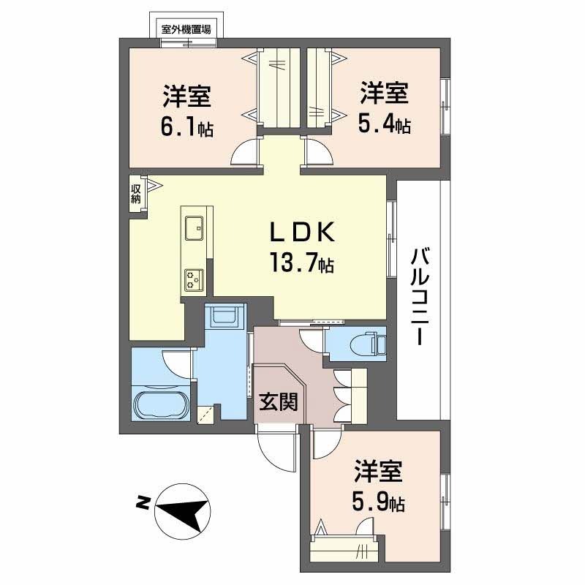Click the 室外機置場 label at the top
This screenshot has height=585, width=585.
click(186, 30)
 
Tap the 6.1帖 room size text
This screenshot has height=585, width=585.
click(187, 129)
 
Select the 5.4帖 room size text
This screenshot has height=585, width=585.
click(384, 125)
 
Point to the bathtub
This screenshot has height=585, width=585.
click(162, 404)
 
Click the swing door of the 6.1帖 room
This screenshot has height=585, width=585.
click(246, 153)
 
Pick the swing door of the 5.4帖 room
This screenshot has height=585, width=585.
click(319, 153)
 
